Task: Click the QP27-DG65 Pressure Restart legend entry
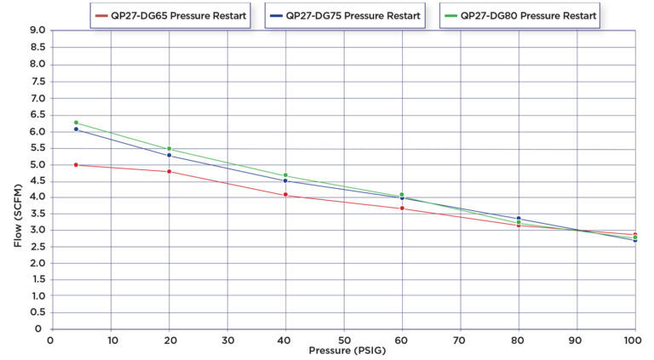(170, 15)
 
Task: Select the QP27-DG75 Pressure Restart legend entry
(345, 15)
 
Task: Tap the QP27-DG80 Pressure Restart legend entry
(519, 15)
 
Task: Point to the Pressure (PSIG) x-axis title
(343, 350)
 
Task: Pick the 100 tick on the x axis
(634, 340)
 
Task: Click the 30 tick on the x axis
(227, 340)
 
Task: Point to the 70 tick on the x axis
(460, 340)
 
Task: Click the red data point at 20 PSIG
(169, 172)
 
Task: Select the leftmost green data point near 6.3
(77, 123)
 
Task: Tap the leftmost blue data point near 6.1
(77, 129)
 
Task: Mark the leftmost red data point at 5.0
(77, 165)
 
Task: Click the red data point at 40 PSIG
(285, 195)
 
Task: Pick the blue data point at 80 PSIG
(519, 219)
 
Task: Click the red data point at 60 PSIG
(402, 209)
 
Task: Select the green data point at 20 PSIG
(169, 149)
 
